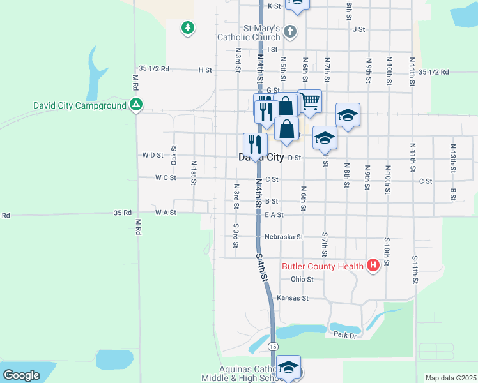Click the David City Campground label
click(x=79, y=105)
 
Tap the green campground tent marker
click(x=136, y=105)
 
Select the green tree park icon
click(x=187, y=27)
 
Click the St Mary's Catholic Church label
click(x=249, y=33)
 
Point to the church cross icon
click(x=289, y=31)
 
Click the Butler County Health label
click(x=323, y=266)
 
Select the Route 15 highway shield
click(x=273, y=346)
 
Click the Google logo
click(x=21, y=375)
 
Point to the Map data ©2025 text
click(x=451, y=378)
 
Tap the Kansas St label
click(x=293, y=298)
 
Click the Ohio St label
click(x=302, y=280)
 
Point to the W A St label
click(x=165, y=212)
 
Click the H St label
click(x=204, y=70)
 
